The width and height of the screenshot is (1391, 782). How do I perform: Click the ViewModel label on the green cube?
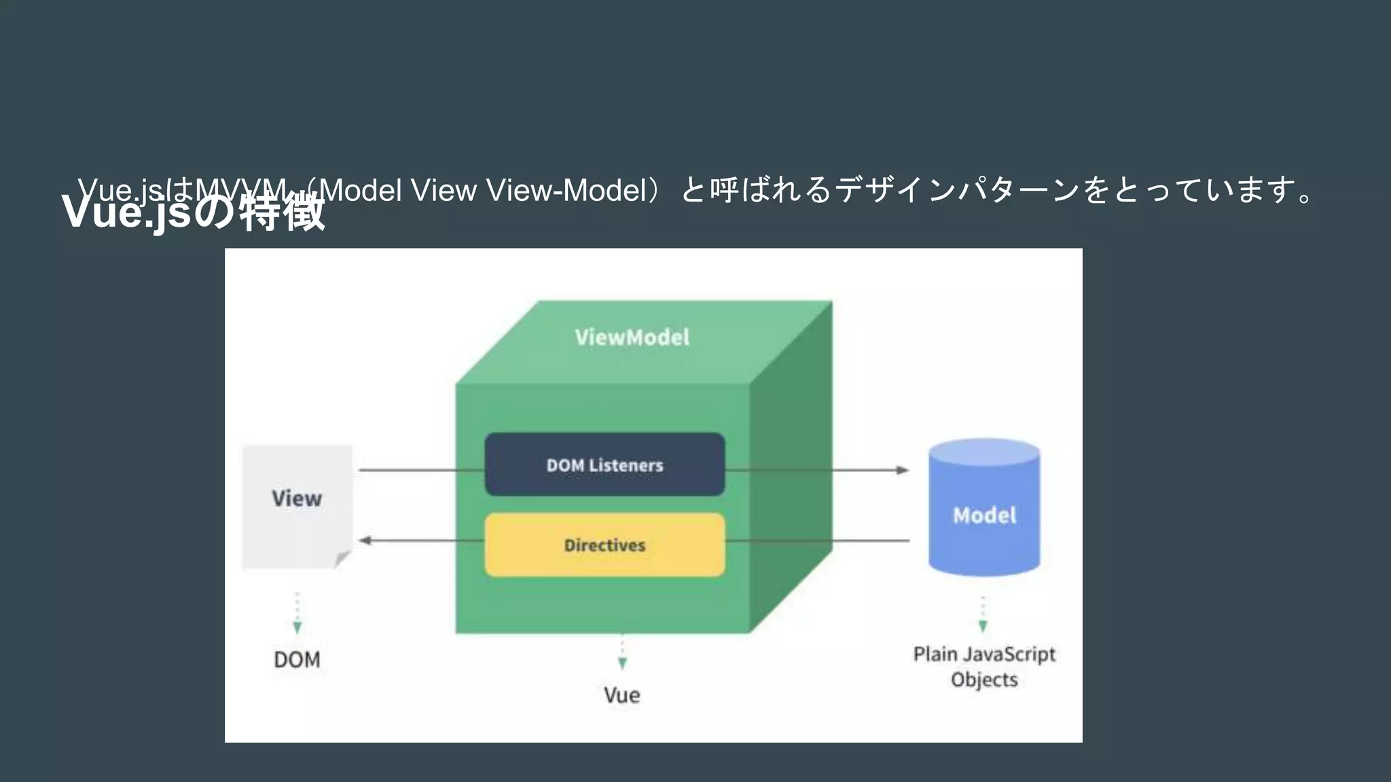[x=632, y=337]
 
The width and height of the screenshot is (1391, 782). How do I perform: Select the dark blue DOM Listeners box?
[x=604, y=465]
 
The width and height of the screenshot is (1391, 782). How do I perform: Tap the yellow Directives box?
[x=604, y=545]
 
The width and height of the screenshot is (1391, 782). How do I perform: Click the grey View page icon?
[x=297, y=506]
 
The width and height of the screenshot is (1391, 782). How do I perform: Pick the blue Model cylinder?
[x=984, y=516]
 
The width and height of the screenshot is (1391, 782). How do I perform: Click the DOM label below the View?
[x=297, y=659]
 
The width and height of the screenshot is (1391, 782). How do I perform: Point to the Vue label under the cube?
[x=621, y=695]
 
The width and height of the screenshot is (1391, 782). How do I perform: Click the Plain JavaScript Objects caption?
[x=984, y=667]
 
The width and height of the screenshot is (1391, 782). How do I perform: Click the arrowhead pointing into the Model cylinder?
[x=902, y=470]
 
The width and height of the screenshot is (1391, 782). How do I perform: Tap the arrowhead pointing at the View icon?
[x=365, y=540]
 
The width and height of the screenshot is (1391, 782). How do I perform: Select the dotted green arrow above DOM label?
[x=297, y=614]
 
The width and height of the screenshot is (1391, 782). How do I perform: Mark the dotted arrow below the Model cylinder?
[x=983, y=615]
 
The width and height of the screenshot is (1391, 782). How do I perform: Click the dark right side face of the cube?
[x=791, y=468]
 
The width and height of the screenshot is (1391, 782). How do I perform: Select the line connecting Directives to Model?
[x=815, y=541]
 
